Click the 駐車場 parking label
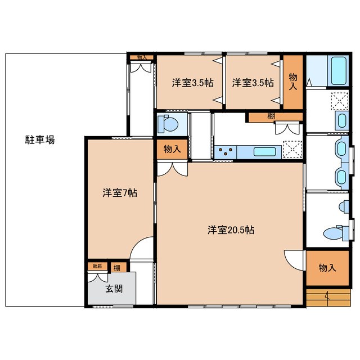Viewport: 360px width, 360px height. tap(40, 140)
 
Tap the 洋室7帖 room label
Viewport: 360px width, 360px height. tap(120, 193)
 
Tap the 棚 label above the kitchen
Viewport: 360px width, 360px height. tap(271, 116)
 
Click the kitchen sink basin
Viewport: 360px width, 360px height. tap(264, 151)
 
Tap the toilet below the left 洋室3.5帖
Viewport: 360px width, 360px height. tap(168, 122)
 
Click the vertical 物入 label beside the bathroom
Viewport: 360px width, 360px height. tap(292, 82)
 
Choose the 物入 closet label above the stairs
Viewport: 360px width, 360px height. tap(327, 268)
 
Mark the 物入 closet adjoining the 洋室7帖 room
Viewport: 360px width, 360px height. tap(172, 149)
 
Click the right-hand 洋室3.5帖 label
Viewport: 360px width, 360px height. tap(253, 83)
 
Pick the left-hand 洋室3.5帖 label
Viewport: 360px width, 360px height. tap(192, 83)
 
